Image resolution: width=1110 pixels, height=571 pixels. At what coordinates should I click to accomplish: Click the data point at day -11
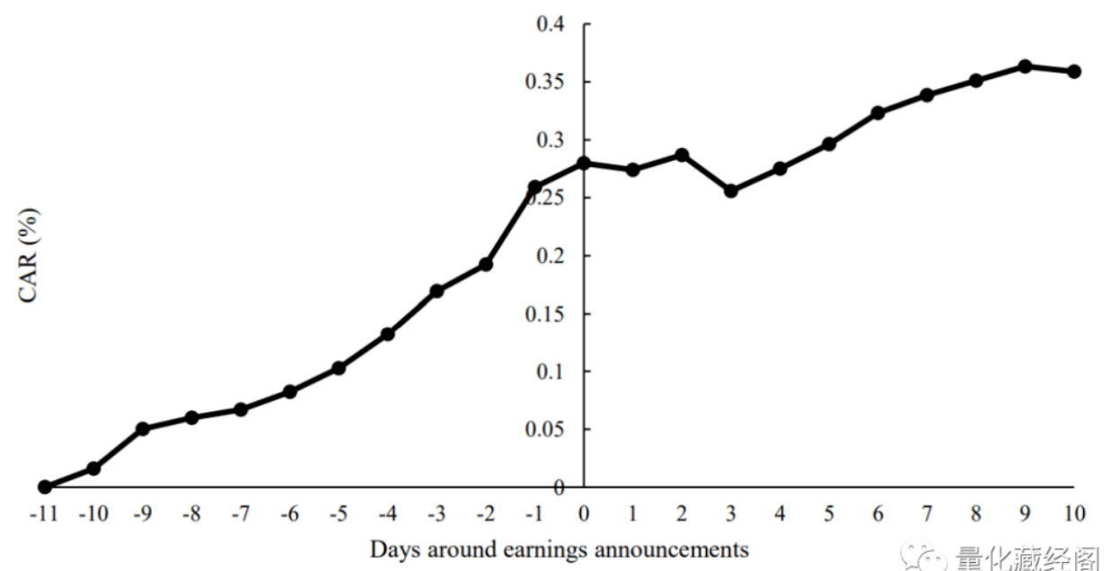(x=45, y=487)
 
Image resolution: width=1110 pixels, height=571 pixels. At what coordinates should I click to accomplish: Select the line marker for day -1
(x=534, y=187)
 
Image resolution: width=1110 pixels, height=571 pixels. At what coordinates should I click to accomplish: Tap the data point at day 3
(x=730, y=190)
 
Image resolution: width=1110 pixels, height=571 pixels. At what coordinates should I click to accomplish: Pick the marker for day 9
(x=1025, y=66)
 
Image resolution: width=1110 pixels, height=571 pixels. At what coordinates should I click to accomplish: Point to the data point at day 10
(x=1074, y=71)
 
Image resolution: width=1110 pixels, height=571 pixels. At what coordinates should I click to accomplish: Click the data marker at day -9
(x=143, y=428)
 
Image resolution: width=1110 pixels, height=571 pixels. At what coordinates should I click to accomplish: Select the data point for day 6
(x=877, y=112)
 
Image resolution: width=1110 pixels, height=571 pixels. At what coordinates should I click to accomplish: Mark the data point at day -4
(x=388, y=334)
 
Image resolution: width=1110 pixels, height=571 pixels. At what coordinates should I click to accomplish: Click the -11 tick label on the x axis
(x=43, y=514)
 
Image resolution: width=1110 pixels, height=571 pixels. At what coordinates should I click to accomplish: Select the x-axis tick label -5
(x=337, y=514)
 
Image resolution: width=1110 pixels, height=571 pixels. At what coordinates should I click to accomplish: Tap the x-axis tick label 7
(x=927, y=514)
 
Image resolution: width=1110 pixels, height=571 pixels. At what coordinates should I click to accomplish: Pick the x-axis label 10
(x=1074, y=514)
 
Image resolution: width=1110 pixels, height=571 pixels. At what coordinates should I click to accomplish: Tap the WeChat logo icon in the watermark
(x=924, y=557)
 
